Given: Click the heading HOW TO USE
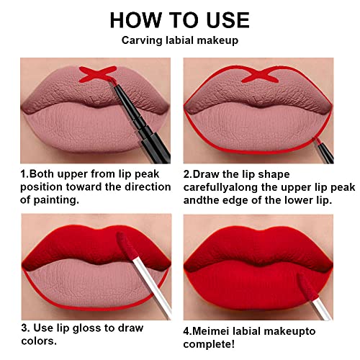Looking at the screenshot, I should [x=180, y=20].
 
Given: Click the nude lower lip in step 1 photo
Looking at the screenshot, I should [x=86, y=126].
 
